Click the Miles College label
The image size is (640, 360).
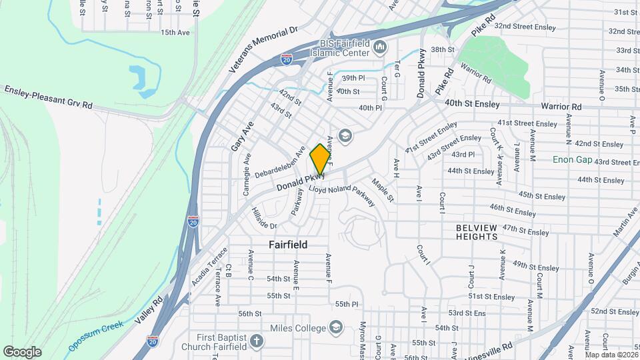(x=298, y=328)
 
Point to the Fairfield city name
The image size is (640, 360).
(x=288, y=245)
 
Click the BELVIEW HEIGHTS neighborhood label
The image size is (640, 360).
(x=477, y=232)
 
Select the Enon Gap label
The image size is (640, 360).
(x=572, y=160)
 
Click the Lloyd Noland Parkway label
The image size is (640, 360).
(x=342, y=198)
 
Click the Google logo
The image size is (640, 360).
(x=22, y=351)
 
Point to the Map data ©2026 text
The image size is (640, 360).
(x=611, y=355)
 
